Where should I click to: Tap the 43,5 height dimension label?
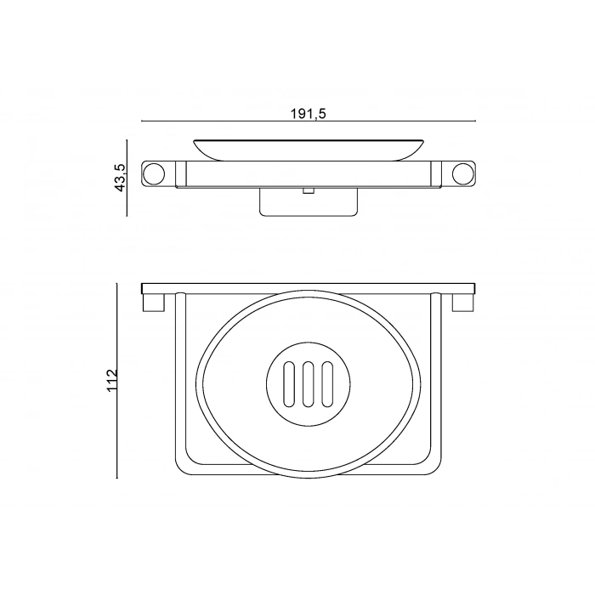pos(120,178)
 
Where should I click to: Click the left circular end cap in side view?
pos(154,174)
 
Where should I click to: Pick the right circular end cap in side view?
pos(463,174)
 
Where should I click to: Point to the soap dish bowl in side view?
pos(309,149)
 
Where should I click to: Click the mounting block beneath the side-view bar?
pos(309,205)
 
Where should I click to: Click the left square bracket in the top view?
pos(153,303)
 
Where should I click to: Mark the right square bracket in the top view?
pos(464,303)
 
